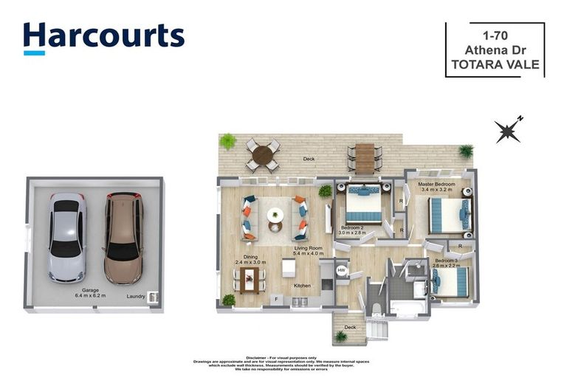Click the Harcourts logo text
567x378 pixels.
point(103,35)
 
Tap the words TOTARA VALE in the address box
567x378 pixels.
point(495,65)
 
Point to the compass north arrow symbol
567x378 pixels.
point(508,131)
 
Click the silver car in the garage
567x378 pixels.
point(67,238)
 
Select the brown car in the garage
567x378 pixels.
point(123,238)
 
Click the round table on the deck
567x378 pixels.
point(262,155)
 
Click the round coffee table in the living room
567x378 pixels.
point(275,215)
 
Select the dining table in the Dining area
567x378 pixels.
point(250,278)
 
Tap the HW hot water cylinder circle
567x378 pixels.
point(341,271)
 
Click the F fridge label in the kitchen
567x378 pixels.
point(276,300)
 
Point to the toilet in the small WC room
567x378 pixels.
point(376,307)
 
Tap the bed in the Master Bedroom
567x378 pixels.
point(448,215)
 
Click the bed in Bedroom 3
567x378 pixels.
point(451,281)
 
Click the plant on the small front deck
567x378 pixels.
point(341,336)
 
